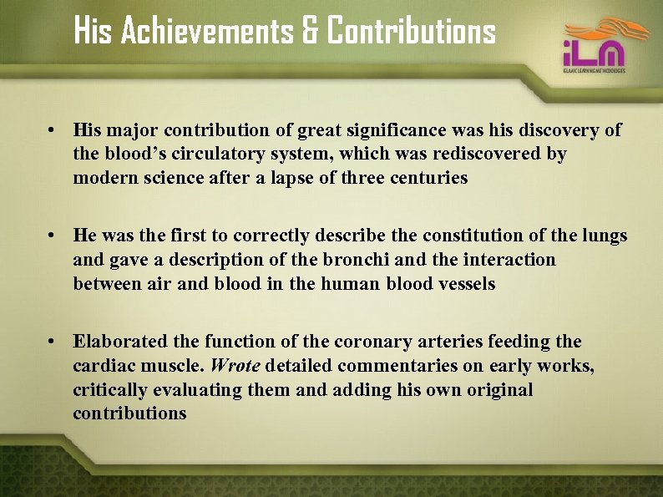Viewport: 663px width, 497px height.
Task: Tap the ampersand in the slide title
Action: click(x=310, y=32)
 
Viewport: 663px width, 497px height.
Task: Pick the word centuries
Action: click(x=428, y=178)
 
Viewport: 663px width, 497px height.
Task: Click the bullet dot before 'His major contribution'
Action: click(x=52, y=131)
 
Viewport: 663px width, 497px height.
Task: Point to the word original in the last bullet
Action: click(x=494, y=390)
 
